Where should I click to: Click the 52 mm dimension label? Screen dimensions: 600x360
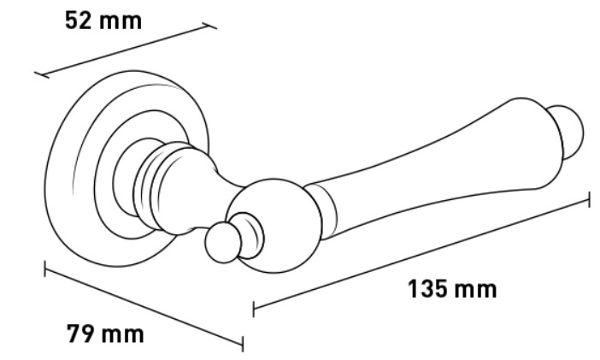(x=103, y=21)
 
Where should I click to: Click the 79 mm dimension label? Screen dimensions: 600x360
(x=106, y=333)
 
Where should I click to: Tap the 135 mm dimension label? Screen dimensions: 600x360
(x=452, y=289)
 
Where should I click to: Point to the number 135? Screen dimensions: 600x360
(x=426, y=289)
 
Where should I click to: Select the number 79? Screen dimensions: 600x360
(x=80, y=333)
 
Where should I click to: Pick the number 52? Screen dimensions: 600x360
(x=79, y=21)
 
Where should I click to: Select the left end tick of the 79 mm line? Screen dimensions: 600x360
(x=45, y=269)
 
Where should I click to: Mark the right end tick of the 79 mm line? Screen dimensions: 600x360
(x=243, y=344)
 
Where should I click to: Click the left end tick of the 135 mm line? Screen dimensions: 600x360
(x=253, y=309)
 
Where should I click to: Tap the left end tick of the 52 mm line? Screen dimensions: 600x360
(x=42, y=74)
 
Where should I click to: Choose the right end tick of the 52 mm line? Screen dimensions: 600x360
(x=209, y=26)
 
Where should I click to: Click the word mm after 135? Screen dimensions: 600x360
(x=475, y=290)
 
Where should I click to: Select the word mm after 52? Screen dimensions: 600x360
(x=121, y=22)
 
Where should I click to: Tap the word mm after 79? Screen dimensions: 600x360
(x=123, y=335)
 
